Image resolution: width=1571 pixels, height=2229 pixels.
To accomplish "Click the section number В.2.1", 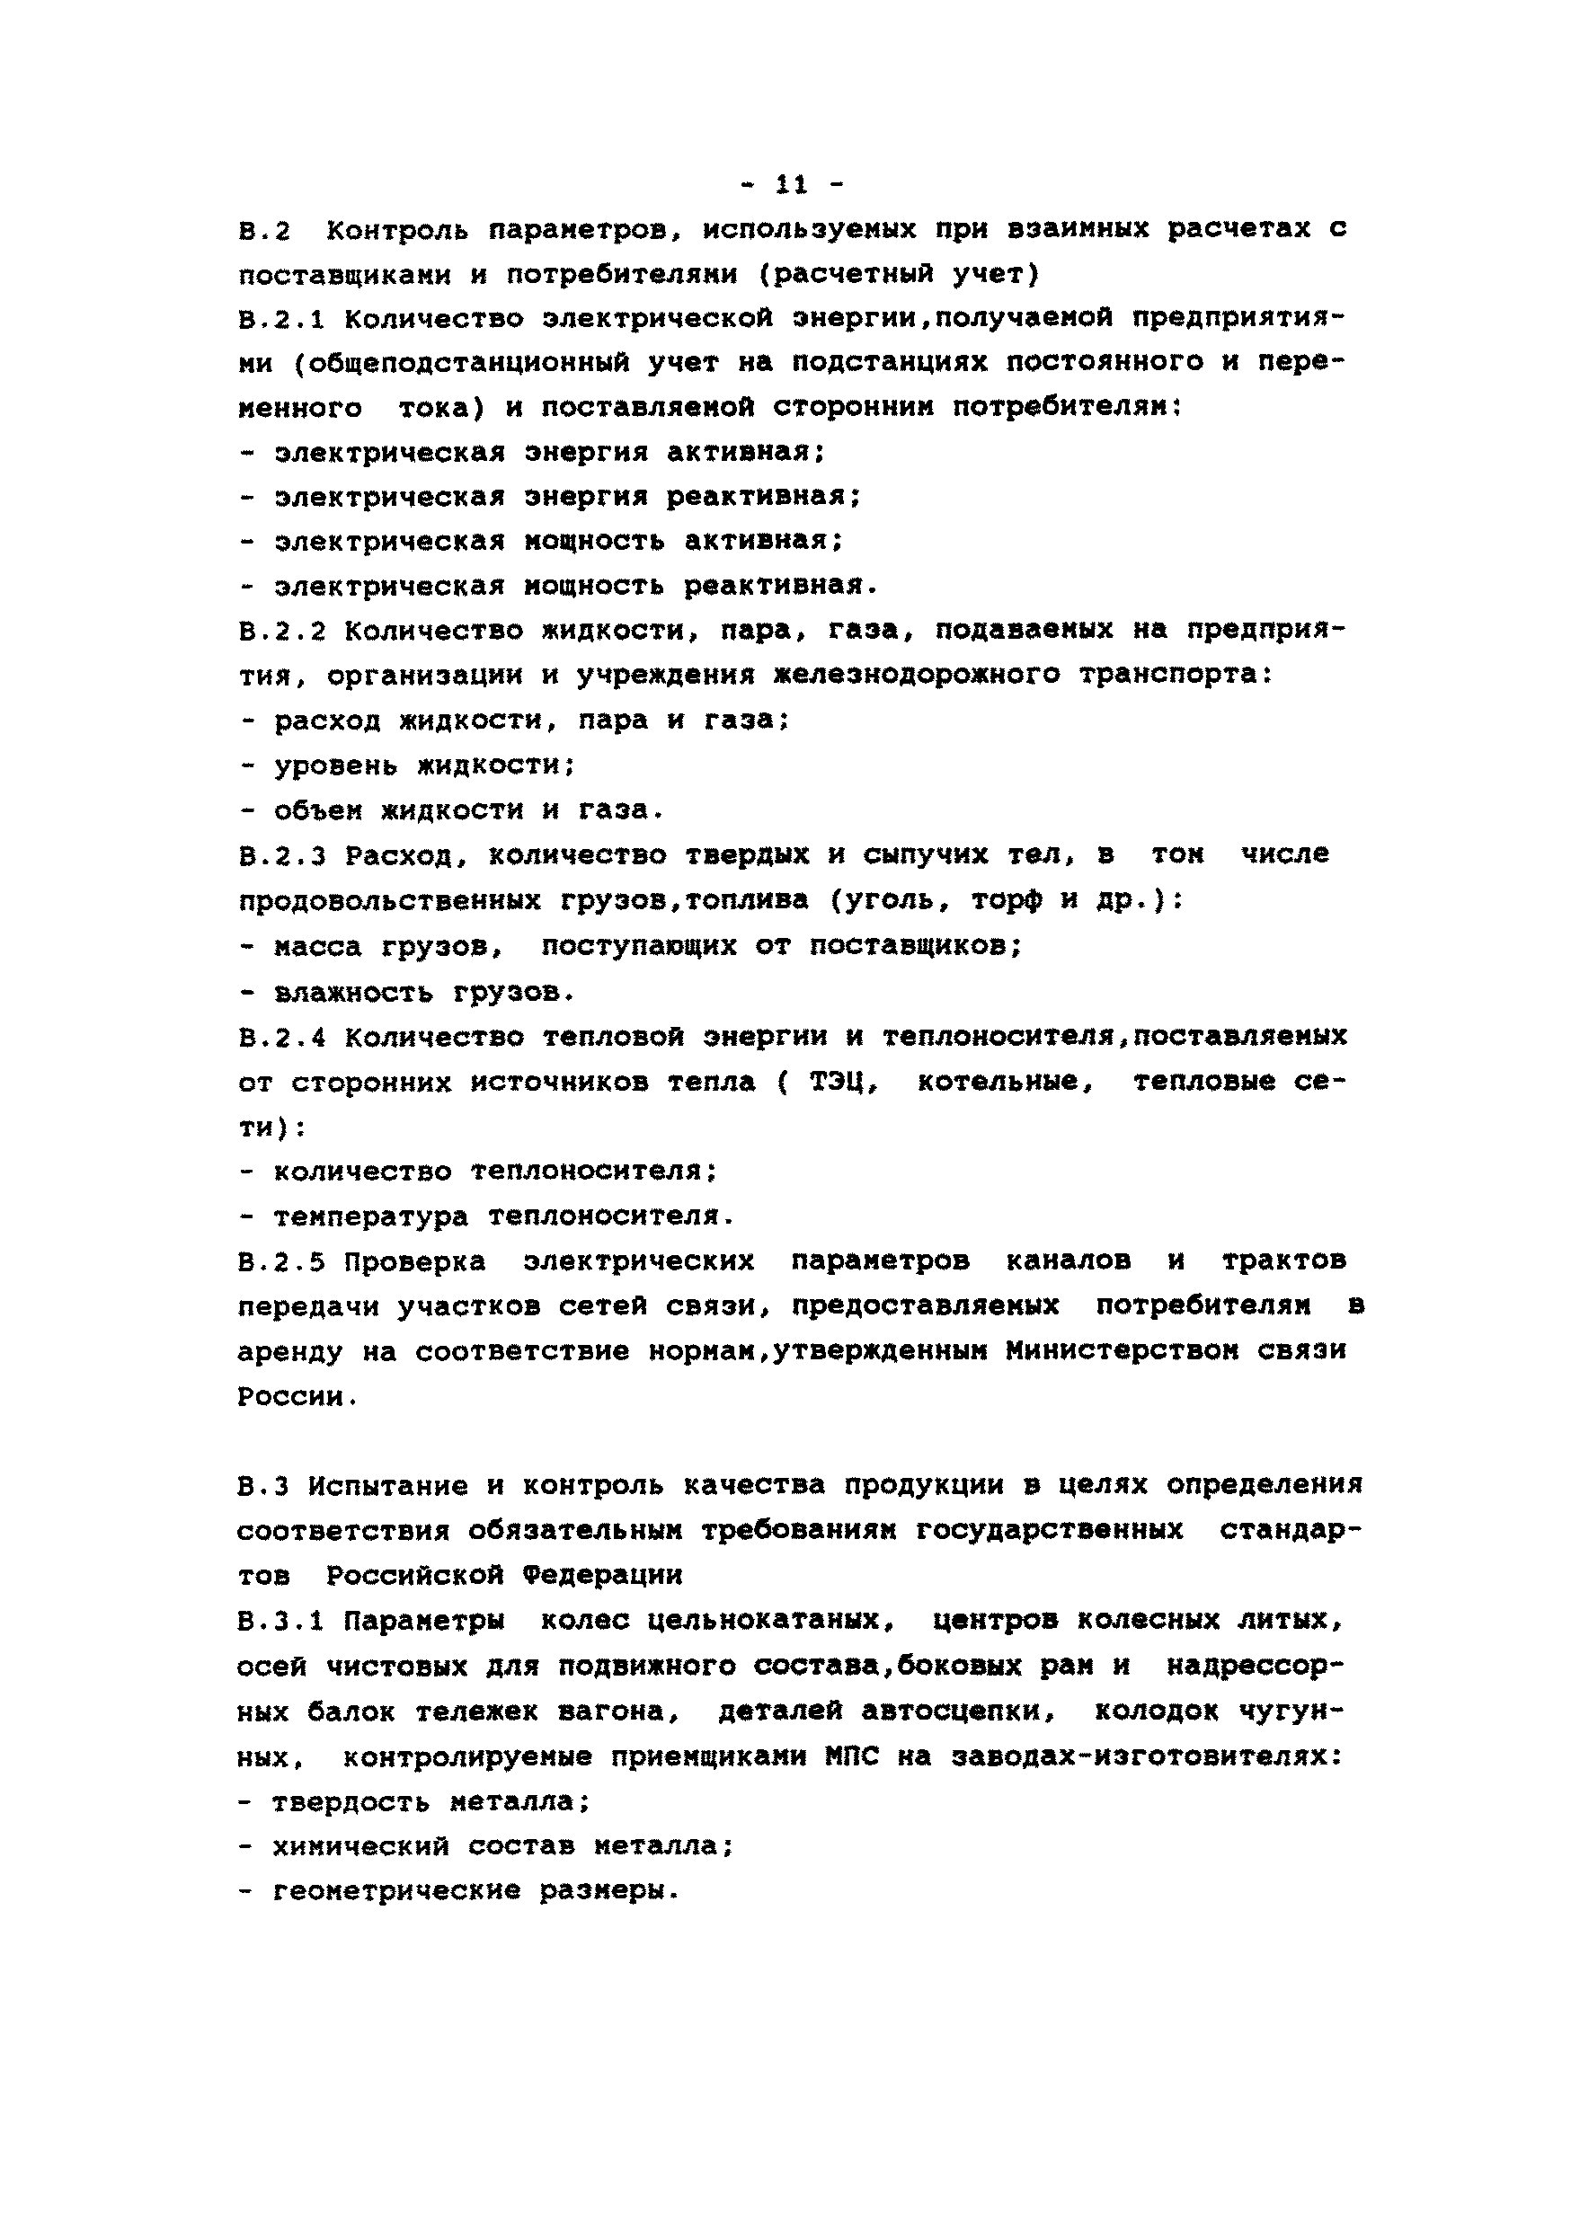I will coord(282,318).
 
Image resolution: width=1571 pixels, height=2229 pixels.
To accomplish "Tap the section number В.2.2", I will coord(282,632).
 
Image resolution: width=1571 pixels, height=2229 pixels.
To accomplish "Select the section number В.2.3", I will coord(282,856).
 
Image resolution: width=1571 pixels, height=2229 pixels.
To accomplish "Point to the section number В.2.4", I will coord(282,1038).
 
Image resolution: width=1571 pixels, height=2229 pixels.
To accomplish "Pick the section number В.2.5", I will coord(282,1262).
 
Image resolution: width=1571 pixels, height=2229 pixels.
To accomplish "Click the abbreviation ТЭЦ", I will coord(843,1083).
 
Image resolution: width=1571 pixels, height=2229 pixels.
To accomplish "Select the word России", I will coord(290,1398).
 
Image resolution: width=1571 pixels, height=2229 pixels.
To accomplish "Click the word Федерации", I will coord(602,1575).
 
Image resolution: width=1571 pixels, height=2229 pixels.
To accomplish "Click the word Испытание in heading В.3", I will coord(388,1485).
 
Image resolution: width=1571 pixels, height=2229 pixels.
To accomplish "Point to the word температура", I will coord(370,1216).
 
